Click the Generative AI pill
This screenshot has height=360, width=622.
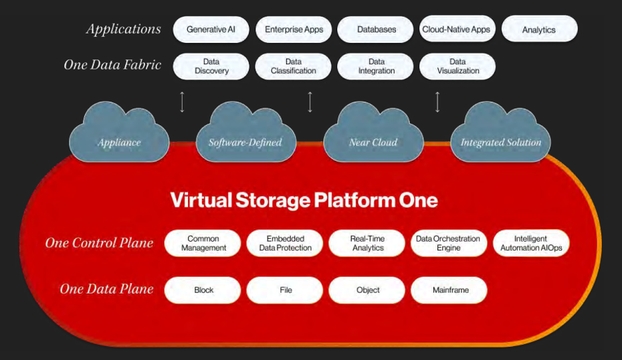211,29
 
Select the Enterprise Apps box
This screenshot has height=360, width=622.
294,29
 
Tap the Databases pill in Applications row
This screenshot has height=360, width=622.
376,29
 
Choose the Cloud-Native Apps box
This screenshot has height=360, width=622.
457,29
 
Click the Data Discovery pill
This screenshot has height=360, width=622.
211,66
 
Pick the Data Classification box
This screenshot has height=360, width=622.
293,66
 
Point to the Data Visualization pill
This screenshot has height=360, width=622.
457,66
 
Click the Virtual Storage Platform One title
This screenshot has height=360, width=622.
304,200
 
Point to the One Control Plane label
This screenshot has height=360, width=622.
99,242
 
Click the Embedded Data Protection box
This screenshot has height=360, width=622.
285,243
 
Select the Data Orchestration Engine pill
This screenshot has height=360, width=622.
449,243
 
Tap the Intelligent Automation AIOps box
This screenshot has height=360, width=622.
531,243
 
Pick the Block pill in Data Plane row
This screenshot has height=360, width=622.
203,290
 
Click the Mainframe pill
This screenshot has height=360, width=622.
449,290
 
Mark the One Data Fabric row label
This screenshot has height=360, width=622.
112,65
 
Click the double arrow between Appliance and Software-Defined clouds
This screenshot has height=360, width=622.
182,102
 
